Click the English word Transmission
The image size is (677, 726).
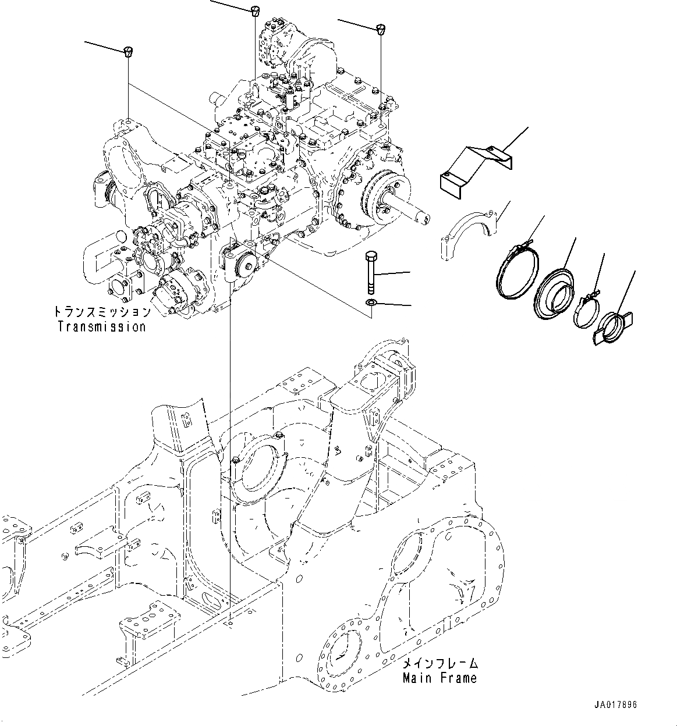(102, 326)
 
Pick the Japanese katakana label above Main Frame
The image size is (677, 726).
(441, 663)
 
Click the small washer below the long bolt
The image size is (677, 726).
(370, 302)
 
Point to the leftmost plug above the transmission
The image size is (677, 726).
(128, 52)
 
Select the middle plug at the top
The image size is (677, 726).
(256, 10)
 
